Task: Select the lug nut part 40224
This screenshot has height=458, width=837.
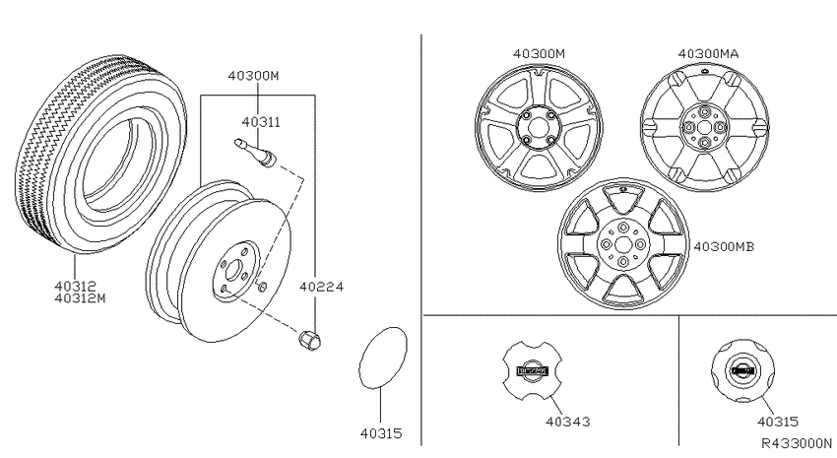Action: click(309, 340)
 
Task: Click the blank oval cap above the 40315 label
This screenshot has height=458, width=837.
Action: click(382, 359)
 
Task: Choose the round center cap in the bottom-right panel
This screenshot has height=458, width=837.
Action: click(742, 370)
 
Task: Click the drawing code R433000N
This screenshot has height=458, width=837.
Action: click(797, 443)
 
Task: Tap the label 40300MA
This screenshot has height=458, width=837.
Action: click(708, 54)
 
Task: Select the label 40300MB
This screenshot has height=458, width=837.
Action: click(724, 246)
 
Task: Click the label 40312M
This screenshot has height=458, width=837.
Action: click(80, 297)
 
